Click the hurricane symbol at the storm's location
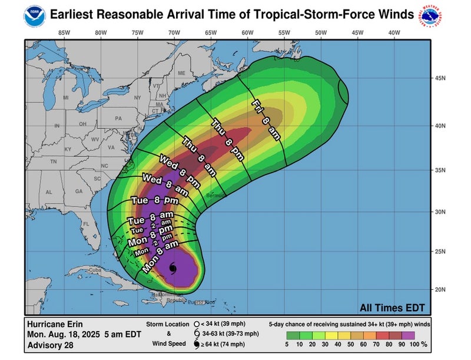pyautogui.click(x=172, y=269)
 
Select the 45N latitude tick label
pyautogui.click(x=439, y=78)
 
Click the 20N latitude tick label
pyautogui.click(x=439, y=289)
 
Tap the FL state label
pyautogui.click(x=85, y=224)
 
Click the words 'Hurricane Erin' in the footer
pyautogui.click(x=54, y=323)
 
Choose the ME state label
pyautogui.click(x=181, y=73)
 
